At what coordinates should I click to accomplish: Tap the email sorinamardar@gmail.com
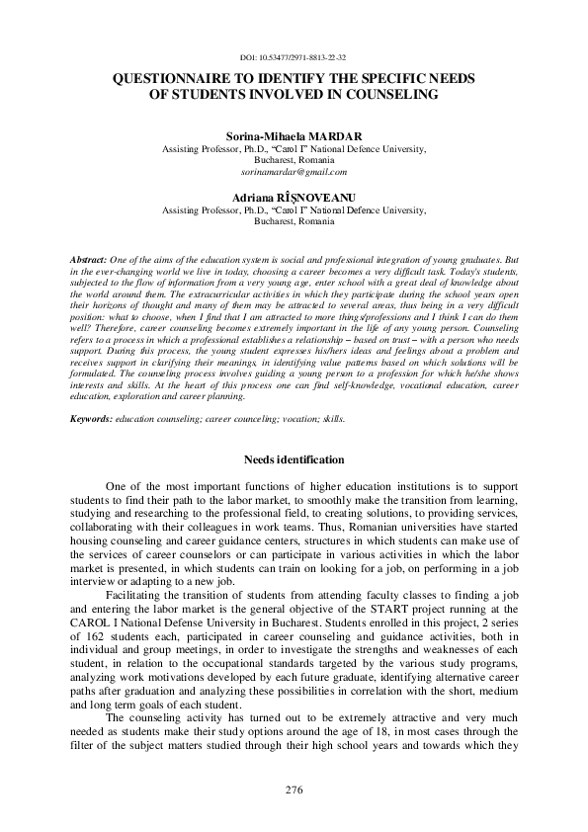294,171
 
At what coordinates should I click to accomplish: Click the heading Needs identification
294,459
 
